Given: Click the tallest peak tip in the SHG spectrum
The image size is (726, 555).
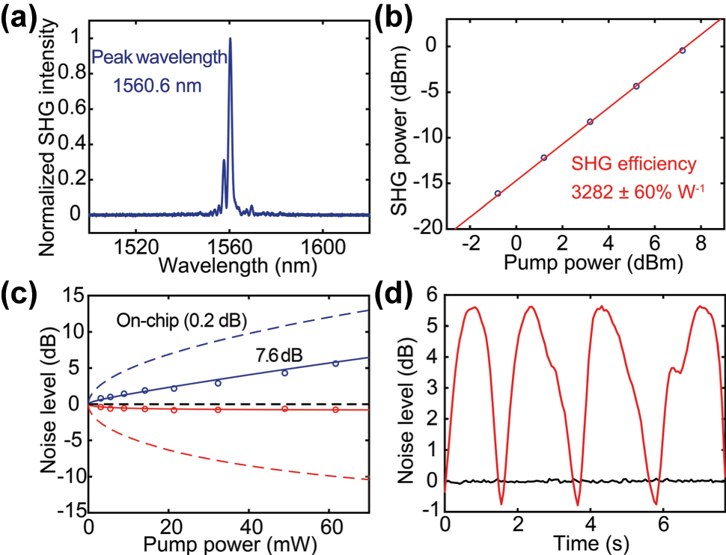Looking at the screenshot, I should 230,39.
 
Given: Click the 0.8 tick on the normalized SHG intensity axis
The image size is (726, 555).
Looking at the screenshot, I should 70,75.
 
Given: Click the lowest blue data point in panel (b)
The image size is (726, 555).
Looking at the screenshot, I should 498,193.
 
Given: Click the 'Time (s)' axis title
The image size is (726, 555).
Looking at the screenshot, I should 585,540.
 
